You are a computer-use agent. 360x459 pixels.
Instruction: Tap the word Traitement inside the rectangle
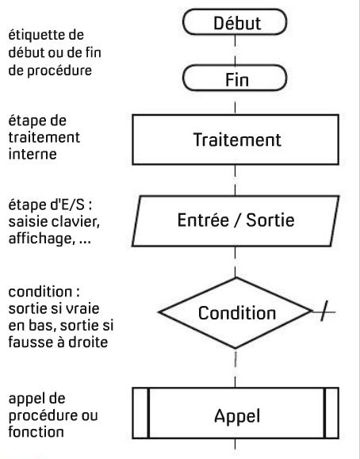click(237, 140)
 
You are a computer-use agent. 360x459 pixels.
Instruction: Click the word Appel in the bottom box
click(237, 416)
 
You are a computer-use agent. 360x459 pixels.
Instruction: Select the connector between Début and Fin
click(235, 50)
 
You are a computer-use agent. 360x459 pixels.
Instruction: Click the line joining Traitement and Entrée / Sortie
click(236, 180)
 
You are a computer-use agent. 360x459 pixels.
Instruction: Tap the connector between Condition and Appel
click(236, 368)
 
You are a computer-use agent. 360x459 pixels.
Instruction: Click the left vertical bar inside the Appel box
click(148, 413)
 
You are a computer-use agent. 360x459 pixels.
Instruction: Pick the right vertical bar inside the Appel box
click(324, 413)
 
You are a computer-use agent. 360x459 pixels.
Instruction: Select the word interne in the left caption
click(33, 154)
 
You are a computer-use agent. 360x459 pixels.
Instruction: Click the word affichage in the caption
click(40, 239)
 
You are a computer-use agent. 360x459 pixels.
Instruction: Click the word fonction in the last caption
click(36, 432)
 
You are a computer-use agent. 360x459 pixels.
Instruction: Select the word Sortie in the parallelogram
click(270, 220)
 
